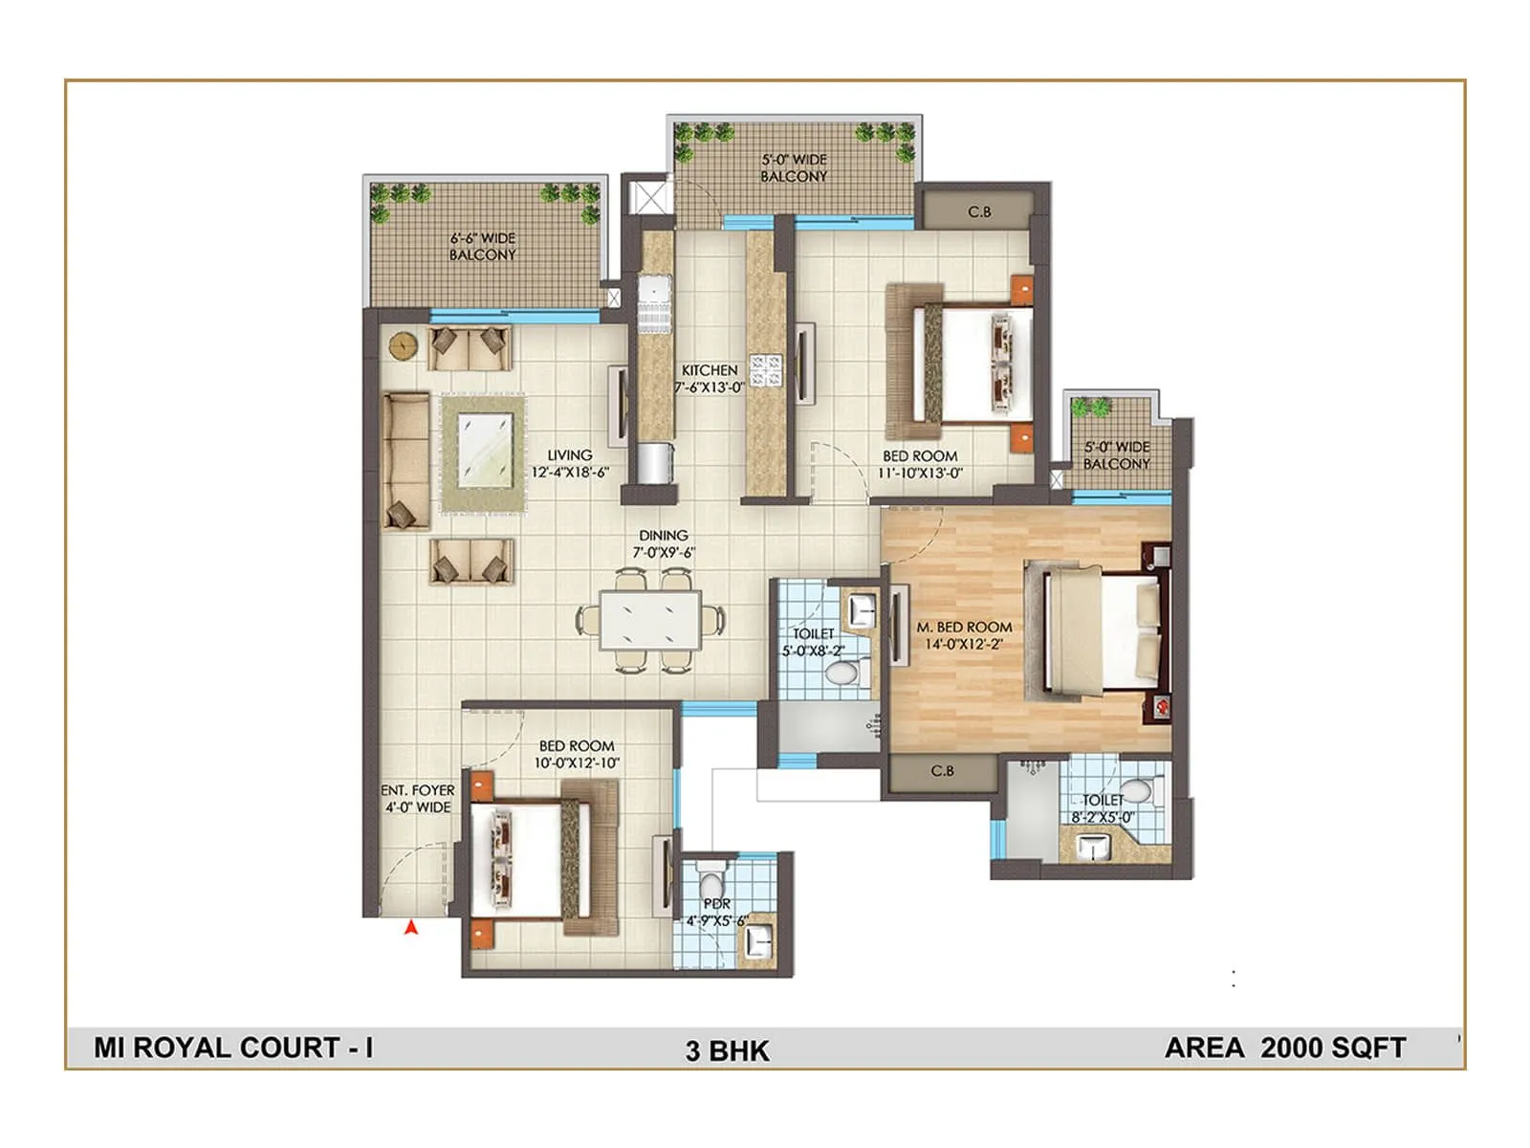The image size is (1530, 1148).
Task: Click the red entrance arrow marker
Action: click(411, 926)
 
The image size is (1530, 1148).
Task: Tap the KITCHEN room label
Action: click(709, 378)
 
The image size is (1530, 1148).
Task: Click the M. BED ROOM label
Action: click(964, 635)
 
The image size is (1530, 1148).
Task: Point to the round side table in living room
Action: click(402, 344)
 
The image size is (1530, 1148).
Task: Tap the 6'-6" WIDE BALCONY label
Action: click(483, 246)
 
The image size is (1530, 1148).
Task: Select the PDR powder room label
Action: click(716, 912)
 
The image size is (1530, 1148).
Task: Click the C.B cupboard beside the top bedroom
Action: click(978, 211)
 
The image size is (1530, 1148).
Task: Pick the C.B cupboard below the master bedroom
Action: click(942, 771)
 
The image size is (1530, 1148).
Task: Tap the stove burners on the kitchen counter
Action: click(766, 370)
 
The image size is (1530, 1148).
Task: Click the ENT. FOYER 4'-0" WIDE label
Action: click(418, 798)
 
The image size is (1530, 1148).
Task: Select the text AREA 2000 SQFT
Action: click(1284, 1048)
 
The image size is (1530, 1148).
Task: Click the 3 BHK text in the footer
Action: click(727, 1050)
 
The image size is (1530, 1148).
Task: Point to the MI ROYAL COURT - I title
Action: click(233, 1048)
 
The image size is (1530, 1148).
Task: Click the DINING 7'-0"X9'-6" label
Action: click(663, 543)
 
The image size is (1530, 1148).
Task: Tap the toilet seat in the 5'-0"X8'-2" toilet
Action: click(841, 674)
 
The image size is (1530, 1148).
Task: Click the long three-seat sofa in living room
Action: click(404, 460)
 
